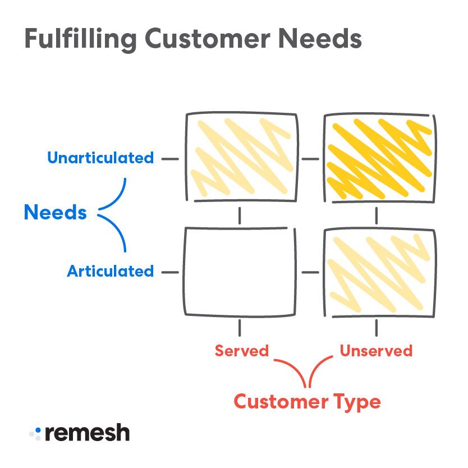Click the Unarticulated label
pyautogui.click(x=100, y=158)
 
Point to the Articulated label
pyautogui.click(x=110, y=272)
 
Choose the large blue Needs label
pyautogui.click(x=55, y=213)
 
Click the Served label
pyautogui.click(x=242, y=351)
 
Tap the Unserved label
pyautogui.click(x=376, y=351)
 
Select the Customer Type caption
pyautogui.click(x=307, y=402)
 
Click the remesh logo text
pyautogui.click(x=87, y=433)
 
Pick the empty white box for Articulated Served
pyautogui.click(x=240, y=272)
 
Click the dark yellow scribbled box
pyautogui.click(x=379, y=158)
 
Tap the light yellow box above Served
pyautogui.click(x=242, y=158)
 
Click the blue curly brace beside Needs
pyautogui.click(x=115, y=214)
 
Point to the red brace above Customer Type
pyautogui.click(x=308, y=373)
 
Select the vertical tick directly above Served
pyautogui.click(x=240, y=328)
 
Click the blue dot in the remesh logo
pyautogui.click(x=38, y=430)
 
